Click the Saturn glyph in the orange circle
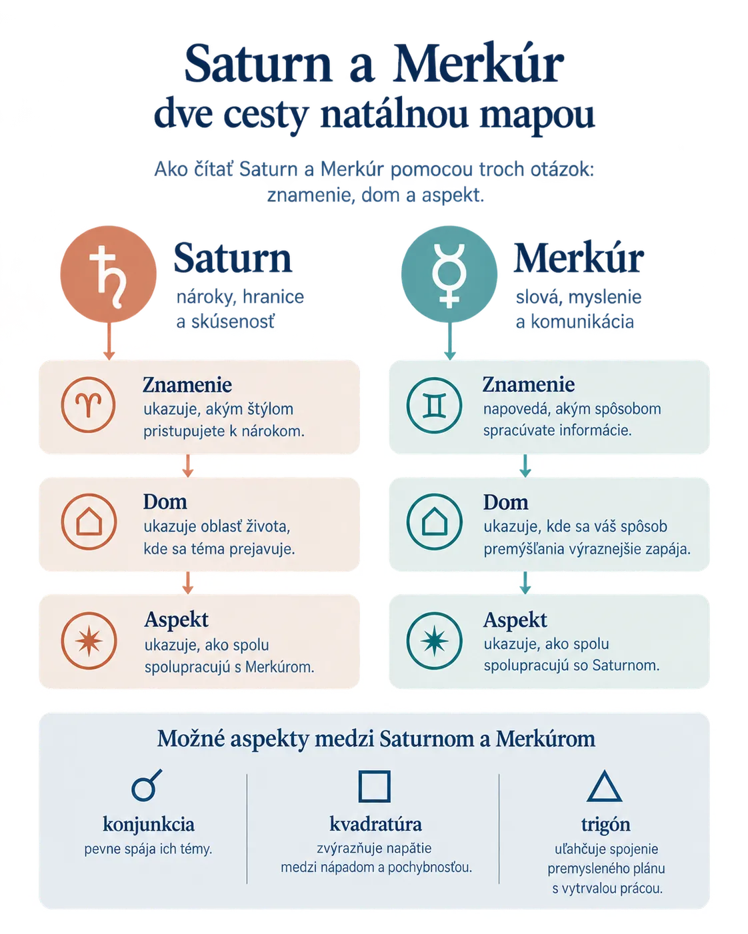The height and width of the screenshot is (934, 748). click(108, 276)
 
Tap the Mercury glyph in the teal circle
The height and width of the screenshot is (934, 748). click(449, 275)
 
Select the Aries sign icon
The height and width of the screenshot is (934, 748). click(88, 404)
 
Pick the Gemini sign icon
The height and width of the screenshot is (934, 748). click(434, 405)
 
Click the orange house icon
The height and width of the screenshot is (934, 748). click(89, 522)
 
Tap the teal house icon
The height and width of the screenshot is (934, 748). click(435, 522)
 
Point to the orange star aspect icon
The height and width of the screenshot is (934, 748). click(89, 641)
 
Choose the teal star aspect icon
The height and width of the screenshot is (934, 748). click(435, 641)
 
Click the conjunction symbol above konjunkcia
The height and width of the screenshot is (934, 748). click(147, 785)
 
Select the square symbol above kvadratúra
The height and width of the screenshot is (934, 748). click(374, 786)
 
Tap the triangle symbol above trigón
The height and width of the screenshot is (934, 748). click(604, 786)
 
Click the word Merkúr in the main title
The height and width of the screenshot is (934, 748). click(478, 63)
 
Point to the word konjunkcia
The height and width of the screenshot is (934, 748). click(148, 824)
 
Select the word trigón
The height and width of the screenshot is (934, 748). click(605, 825)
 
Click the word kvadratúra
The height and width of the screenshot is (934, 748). click(375, 824)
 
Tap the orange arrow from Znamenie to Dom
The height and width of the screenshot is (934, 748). click(187, 466)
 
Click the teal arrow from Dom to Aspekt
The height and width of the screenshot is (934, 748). click(525, 583)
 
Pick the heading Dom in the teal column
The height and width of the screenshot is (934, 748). click(505, 502)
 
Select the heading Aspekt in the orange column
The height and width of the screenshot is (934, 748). click(177, 620)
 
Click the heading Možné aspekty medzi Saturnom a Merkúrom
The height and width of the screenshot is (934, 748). click(376, 739)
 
